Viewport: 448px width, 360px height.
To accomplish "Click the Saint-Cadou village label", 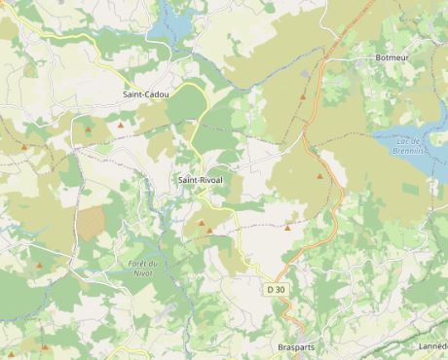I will coord(145,94).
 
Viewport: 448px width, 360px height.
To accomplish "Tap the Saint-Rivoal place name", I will coord(200,181).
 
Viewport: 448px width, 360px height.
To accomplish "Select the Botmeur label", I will coord(392,58).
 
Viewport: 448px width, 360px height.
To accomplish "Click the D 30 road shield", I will coord(277,290).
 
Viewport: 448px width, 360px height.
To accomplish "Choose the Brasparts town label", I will coord(296,347).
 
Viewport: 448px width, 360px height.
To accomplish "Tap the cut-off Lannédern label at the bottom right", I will coord(433,347).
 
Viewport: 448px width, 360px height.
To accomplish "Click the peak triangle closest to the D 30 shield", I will coord(287,228).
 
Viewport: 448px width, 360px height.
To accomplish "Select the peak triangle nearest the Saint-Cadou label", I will coord(121,125).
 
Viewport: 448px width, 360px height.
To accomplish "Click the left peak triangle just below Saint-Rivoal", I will coord(202,223).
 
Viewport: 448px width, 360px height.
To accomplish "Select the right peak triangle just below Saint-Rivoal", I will coord(209,231).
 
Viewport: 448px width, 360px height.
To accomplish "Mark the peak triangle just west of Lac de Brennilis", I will coord(319,177).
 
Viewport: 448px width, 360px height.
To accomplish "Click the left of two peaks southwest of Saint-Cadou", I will coord(24,147).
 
